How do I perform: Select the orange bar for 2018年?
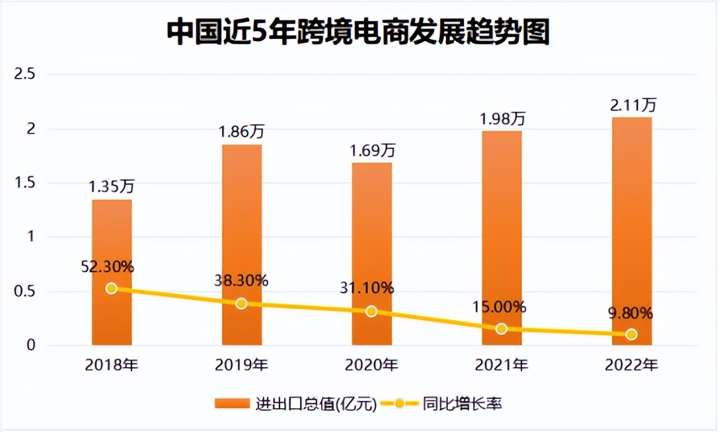pos(111,271)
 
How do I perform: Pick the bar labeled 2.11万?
pos(631,231)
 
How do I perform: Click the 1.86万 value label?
pos(241,132)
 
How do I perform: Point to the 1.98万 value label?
pos(502,119)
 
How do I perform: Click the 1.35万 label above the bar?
pos(112,187)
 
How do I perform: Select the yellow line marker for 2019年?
pos(241,303)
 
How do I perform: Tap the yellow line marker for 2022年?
pos(631,334)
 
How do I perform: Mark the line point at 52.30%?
pos(111,288)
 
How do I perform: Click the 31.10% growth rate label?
pos(371,288)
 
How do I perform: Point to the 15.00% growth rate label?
pos(502,306)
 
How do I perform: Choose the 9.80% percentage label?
pos(631,312)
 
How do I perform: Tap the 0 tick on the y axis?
pos(30,345)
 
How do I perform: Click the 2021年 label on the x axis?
pos(502,364)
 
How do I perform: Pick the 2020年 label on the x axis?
pos(371,364)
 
